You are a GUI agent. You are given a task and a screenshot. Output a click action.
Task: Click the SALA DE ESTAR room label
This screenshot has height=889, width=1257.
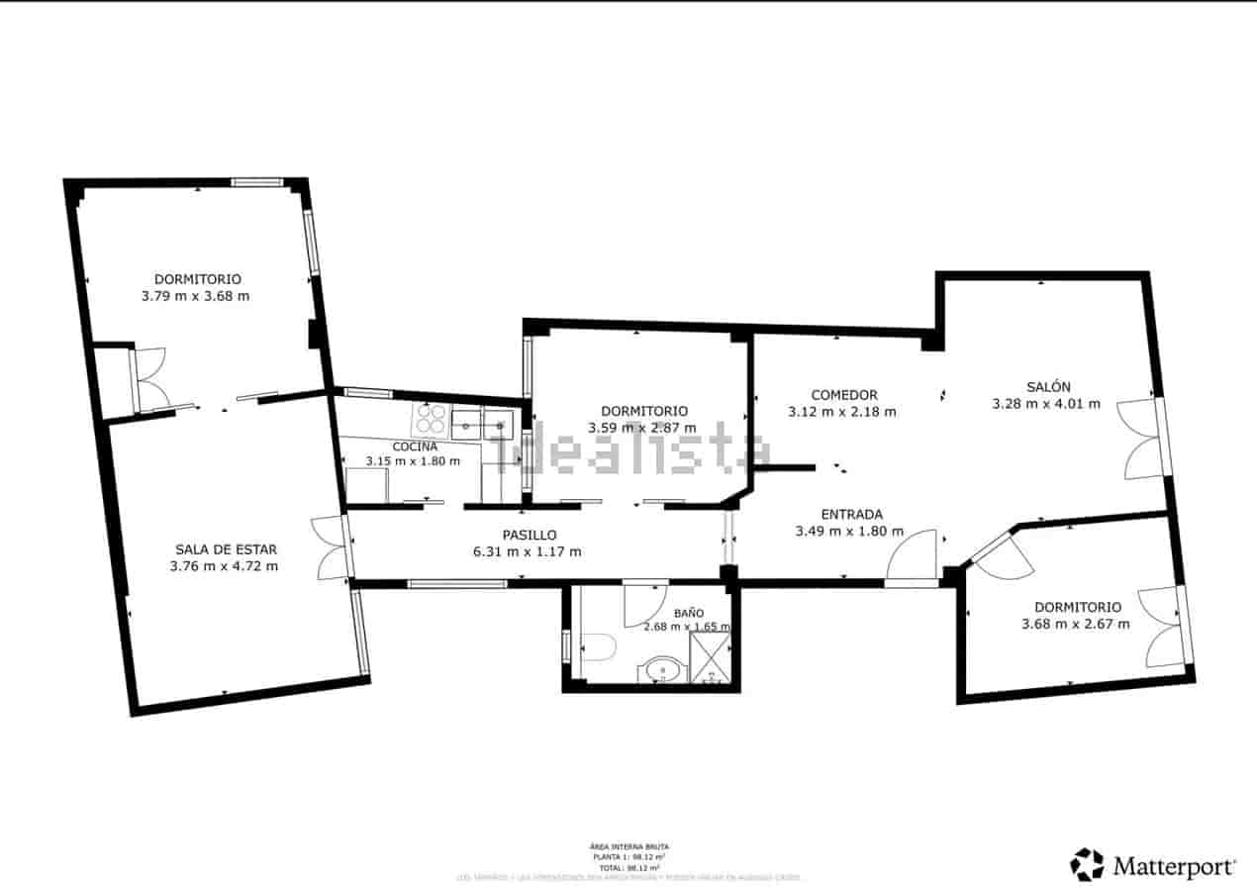click(226, 549)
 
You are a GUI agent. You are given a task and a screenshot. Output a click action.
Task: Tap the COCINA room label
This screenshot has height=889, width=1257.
click(414, 446)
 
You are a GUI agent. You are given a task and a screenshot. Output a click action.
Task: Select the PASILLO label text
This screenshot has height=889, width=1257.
click(529, 535)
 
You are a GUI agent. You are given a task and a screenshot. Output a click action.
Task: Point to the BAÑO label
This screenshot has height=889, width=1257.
click(689, 613)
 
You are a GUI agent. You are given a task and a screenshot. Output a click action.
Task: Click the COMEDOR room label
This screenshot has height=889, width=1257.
click(843, 395)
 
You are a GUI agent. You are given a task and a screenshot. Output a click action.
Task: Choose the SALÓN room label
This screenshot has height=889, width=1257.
click(1047, 387)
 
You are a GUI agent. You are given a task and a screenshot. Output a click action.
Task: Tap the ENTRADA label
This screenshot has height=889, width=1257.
click(851, 514)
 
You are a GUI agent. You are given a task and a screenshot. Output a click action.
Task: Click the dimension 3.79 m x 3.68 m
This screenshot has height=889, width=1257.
click(195, 295)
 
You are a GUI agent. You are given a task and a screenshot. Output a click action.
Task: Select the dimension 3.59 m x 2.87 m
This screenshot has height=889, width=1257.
click(642, 428)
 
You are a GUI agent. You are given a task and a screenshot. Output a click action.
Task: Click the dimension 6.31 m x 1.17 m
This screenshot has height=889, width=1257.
click(529, 551)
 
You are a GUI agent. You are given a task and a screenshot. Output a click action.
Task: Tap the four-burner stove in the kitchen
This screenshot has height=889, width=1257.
click(431, 420)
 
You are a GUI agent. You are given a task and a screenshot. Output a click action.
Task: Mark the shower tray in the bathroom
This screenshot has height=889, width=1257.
click(710, 657)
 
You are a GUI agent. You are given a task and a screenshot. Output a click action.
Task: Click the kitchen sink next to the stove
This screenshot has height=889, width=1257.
click(482, 424)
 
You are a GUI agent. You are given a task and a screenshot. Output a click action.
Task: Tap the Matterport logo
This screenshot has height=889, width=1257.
click(1152, 865)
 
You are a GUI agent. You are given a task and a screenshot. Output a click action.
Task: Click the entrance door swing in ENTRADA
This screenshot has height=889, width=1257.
click(913, 558)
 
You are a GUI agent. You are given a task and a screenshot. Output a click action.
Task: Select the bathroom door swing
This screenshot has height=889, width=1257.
click(644, 603)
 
